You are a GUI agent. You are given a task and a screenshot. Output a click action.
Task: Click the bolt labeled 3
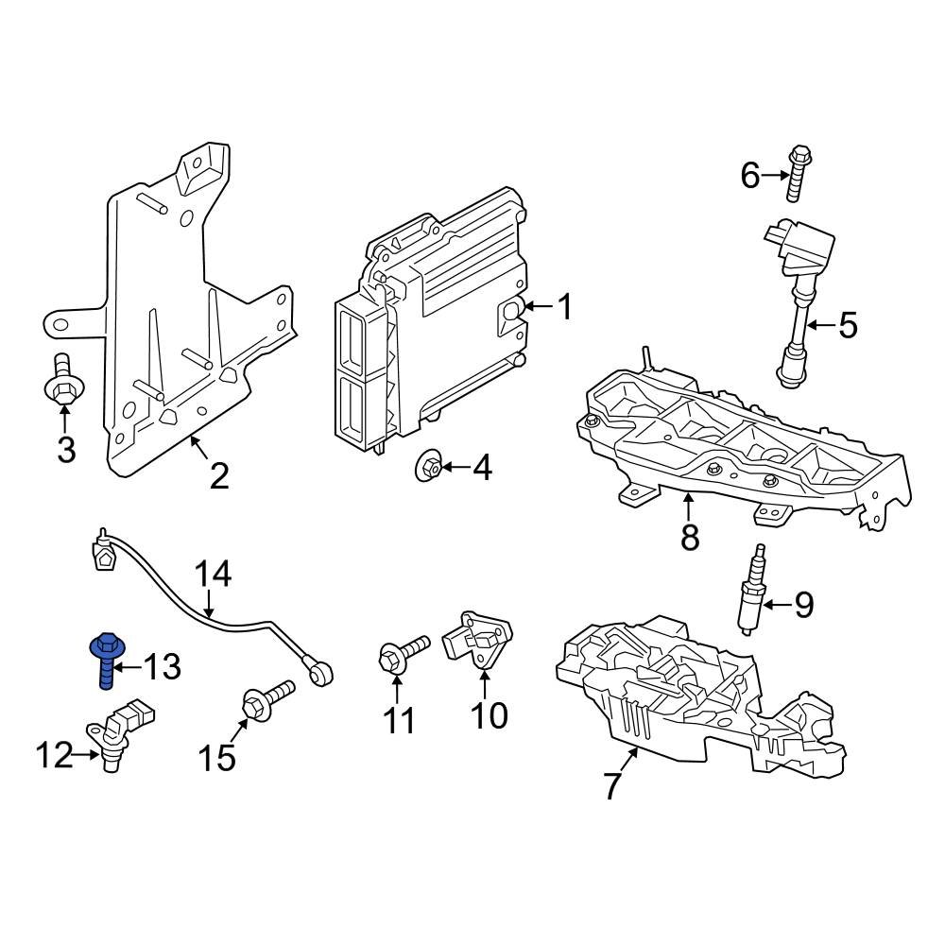tap(63, 382)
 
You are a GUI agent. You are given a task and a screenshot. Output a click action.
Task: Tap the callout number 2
tap(218, 475)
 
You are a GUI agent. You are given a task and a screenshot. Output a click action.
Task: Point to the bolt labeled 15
tap(266, 701)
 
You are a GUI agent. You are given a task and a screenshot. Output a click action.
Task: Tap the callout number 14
tap(213, 574)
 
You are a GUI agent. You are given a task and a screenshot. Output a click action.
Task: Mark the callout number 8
tap(690, 537)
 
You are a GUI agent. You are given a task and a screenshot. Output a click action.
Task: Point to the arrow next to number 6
tap(775, 175)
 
